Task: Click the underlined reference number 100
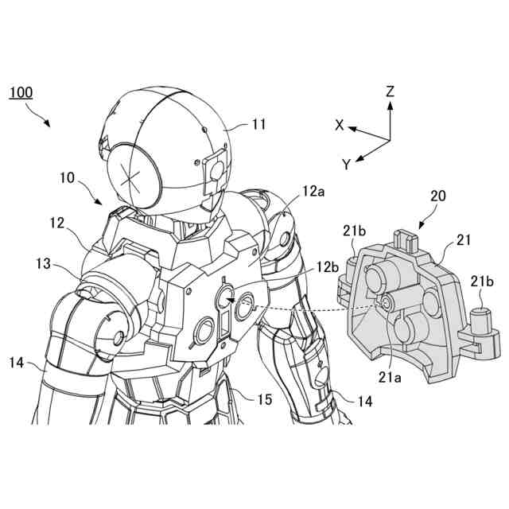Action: (x=21, y=92)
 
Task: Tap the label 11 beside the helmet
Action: (x=258, y=124)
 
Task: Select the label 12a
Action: (x=313, y=192)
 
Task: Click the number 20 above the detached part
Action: (x=437, y=196)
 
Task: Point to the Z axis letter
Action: (x=390, y=92)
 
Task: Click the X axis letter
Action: (x=340, y=125)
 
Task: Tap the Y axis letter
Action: (x=347, y=165)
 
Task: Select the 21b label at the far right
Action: (x=481, y=282)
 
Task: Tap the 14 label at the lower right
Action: (x=364, y=402)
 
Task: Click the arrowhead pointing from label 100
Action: (x=49, y=125)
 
